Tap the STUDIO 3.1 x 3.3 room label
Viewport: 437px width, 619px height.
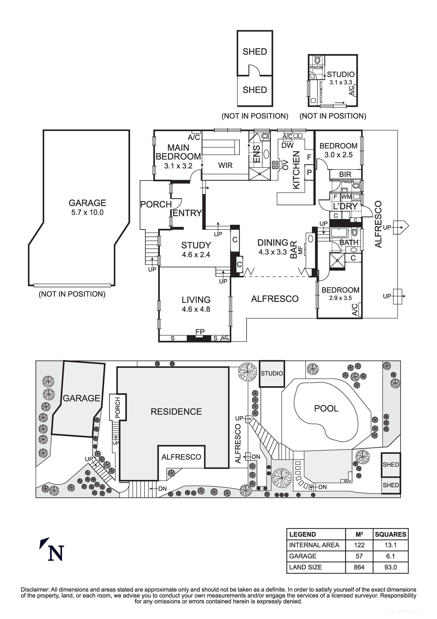tap(341, 78)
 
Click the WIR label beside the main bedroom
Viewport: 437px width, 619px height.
tap(225, 165)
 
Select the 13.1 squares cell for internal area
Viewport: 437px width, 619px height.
tap(390, 545)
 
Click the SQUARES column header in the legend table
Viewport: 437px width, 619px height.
tap(390, 534)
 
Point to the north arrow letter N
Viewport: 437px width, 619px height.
tap(56, 553)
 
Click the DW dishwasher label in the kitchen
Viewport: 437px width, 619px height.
tap(287, 146)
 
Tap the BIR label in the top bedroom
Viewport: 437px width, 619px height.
tap(345, 174)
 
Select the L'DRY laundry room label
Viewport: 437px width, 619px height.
tap(345, 207)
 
